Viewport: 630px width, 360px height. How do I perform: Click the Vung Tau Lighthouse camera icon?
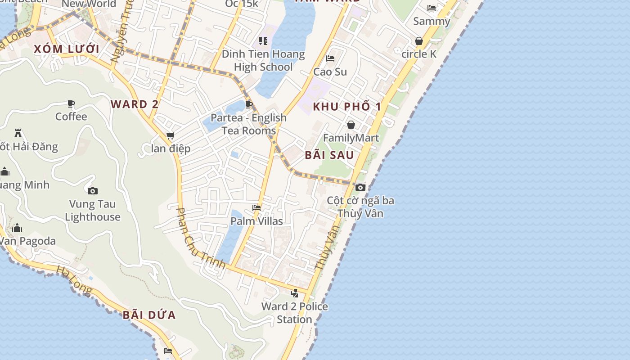(x=93, y=191)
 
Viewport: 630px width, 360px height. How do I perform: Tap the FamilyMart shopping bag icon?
(x=351, y=125)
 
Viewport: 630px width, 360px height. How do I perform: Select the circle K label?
(x=418, y=54)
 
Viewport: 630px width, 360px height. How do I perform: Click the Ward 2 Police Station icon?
(x=294, y=293)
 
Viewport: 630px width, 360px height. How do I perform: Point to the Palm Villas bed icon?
(x=256, y=207)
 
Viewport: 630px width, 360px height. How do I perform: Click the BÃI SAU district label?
(x=329, y=155)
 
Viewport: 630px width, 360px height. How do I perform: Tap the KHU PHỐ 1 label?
(x=347, y=107)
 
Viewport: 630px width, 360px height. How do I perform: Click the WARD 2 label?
(x=135, y=104)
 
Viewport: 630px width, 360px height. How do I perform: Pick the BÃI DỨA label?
(x=149, y=315)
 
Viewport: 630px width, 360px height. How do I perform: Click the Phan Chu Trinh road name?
(x=200, y=238)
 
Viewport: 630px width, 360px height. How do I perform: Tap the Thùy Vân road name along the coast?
(x=327, y=248)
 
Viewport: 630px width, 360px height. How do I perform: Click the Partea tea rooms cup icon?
(x=248, y=105)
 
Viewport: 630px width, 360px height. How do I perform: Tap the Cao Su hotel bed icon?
(x=330, y=58)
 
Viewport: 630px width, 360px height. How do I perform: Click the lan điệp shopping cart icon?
(x=170, y=135)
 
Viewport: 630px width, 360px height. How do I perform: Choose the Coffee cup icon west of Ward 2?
(x=71, y=104)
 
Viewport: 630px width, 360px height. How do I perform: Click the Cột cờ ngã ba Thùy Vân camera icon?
(x=360, y=187)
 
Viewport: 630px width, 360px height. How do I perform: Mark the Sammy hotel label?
(x=431, y=21)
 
